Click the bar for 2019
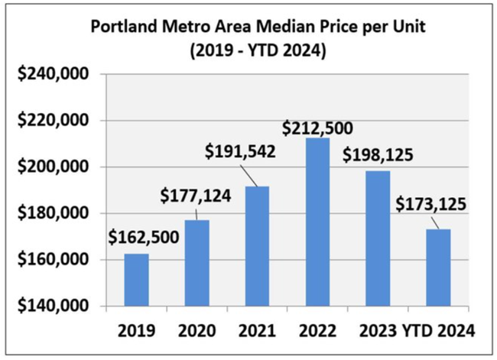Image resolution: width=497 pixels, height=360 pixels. tap(136, 280)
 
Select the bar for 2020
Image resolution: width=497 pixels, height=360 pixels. tap(197, 263)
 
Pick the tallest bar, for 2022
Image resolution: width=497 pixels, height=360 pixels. tap(317, 222)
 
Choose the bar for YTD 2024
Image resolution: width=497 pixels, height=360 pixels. tap(438, 268)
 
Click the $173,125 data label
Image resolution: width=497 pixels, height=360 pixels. tap(432, 205)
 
